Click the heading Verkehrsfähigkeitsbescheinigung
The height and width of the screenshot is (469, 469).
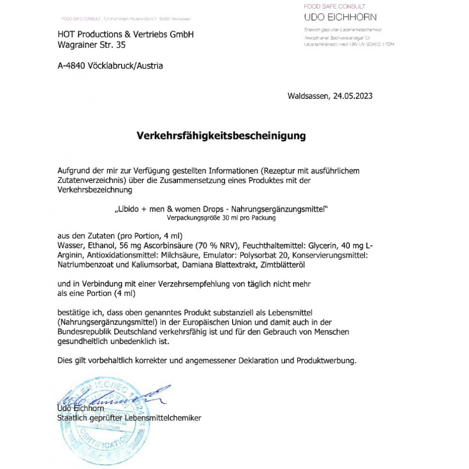point(221,136)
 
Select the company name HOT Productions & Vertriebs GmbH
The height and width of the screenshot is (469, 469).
point(125,35)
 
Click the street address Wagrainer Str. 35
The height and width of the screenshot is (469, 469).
point(91,45)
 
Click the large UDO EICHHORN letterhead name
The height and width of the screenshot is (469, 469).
point(340,18)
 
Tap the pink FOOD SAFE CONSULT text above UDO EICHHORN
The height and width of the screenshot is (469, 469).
point(334,7)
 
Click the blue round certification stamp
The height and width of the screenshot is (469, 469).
point(96,417)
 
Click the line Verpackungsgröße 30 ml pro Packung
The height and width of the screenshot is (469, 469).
point(221,218)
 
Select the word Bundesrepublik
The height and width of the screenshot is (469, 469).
point(83,332)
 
